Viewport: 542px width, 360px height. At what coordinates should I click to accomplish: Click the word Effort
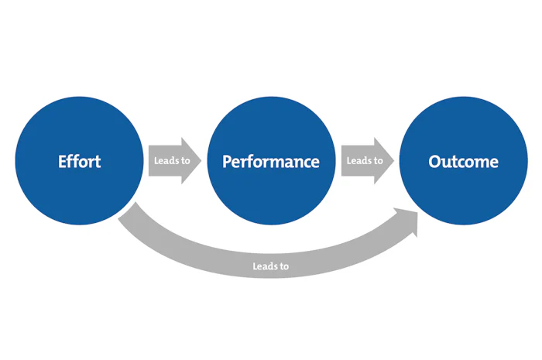tap(79, 162)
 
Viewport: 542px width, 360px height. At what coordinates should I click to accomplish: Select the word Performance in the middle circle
tap(270, 162)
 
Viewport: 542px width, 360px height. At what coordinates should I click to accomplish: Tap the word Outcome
tap(463, 162)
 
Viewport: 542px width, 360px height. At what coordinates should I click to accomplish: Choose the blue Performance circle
tap(270, 124)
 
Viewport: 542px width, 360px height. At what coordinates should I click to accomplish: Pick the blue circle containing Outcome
tap(463, 124)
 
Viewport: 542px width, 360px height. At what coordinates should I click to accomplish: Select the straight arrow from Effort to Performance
tap(173, 161)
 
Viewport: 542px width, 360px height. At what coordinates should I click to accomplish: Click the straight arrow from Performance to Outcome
tap(366, 161)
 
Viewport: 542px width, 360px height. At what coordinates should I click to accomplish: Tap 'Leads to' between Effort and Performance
tap(169, 161)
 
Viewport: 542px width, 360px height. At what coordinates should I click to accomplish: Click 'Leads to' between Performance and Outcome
tap(364, 161)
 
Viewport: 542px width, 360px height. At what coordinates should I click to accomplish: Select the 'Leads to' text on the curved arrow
tap(270, 266)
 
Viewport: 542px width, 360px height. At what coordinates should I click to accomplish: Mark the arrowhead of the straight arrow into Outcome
tap(386, 161)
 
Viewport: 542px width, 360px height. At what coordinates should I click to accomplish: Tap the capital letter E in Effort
tap(62, 162)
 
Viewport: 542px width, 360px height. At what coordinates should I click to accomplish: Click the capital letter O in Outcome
tap(435, 162)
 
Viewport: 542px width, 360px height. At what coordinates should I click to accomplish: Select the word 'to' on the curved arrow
tap(283, 266)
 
